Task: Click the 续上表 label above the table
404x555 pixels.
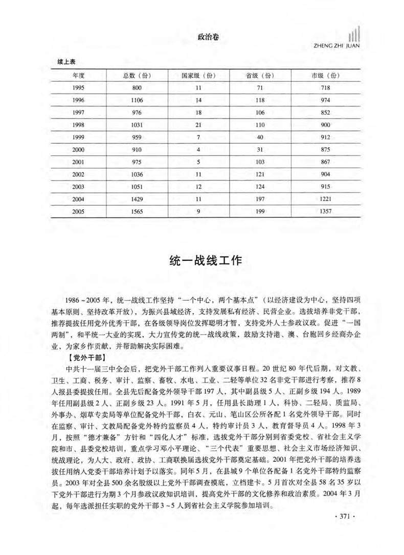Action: [x=66, y=61]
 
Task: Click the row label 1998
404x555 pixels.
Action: [x=78, y=125]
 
